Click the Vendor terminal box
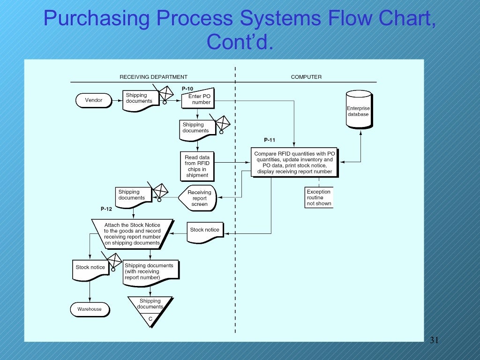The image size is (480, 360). pyautogui.click(x=94, y=100)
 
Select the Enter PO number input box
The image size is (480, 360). pyautogui.click(x=198, y=99)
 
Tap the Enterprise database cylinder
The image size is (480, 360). pyautogui.click(x=359, y=110)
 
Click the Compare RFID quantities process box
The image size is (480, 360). pyautogui.click(x=294, y=162)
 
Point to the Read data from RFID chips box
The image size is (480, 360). pyautogui.click(x=197, y=166)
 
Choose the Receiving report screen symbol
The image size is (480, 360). pyautogui.click(x=198, y=198)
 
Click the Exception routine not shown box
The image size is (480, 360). pyautogui.click(x=319, y=197)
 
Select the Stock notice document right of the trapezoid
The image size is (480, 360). pyautogui.click(x=204, y=231)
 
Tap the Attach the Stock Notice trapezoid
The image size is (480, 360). pyautogui.click(x=132, y=233)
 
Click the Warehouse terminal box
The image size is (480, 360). pyautogui.click(x=90, y=309)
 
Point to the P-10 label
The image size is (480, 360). pyautogui.click(x=187, y=89)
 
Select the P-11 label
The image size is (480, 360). pyautogui.click(x=270, y=140)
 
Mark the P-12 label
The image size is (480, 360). pyautogui.click(x=106, y=209)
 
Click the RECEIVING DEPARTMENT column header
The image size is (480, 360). pyautogui.click(x=153, y=77)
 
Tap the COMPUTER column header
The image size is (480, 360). pyautogui.click(x=306, y=77)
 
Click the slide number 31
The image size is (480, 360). pyautogui.click(x=434, y=340)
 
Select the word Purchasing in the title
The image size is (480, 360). pyautogui.click(x=97, y=19)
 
